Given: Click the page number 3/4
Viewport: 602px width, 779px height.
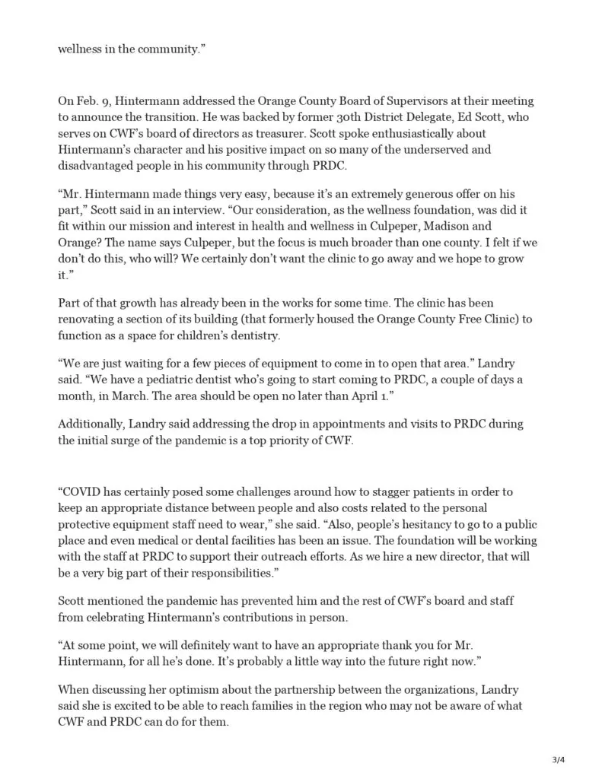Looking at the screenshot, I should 559,759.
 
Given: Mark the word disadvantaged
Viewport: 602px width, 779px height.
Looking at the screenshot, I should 96,159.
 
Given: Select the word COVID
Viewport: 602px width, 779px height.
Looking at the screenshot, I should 81,491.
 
